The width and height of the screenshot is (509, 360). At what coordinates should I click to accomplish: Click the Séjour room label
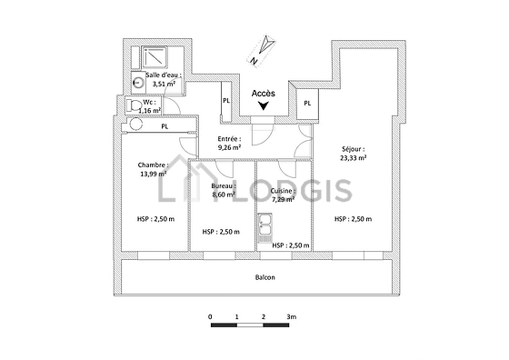[354, 149]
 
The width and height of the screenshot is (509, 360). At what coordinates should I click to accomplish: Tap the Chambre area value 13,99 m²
[154, 174]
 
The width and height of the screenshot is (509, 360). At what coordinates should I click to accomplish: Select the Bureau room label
[224, 186]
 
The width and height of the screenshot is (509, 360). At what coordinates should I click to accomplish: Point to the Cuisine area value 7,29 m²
[284, 199]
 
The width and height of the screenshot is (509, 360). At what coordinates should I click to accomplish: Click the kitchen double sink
[265, 228]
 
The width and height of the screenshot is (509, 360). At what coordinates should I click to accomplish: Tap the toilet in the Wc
[135, 105]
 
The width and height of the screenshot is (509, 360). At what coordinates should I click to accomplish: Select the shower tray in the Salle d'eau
[155, 58]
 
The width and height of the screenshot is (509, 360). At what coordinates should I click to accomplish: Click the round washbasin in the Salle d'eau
[138, 82]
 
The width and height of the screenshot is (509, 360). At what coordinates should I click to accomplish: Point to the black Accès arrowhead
[264, 105]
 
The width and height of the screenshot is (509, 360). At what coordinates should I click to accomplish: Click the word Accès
[264, 94]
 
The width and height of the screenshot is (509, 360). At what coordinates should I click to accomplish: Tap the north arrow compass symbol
[262, 51]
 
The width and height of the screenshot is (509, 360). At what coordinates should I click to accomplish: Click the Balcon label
[265, 277]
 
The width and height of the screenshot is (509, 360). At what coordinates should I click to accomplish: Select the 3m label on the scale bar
[292, 317]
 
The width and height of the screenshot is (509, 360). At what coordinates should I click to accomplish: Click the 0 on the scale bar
[211, 317]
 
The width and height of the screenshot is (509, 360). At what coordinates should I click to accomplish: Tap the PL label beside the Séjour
[307, 104]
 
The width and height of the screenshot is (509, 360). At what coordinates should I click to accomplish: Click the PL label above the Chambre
[165, 126]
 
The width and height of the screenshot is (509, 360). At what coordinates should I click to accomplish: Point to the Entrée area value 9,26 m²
[229, 147]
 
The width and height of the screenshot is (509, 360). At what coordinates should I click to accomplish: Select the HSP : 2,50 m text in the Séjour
[354, 219]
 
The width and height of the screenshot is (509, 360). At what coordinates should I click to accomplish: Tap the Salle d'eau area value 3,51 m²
[165, 84]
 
